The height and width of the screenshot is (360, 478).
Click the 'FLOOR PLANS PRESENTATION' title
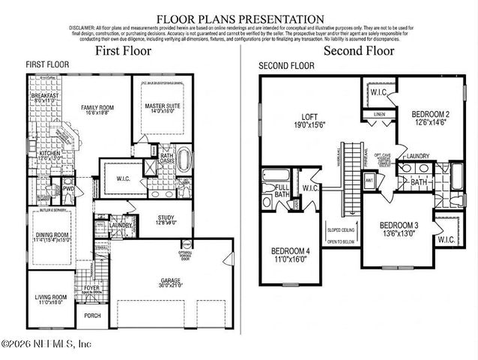[240, 19]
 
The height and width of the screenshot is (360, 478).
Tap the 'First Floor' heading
[123, 51]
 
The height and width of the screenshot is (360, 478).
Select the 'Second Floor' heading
[359, 51]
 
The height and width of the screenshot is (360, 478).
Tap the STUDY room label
[166, 219]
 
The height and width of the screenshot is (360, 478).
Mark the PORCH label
[92, 315]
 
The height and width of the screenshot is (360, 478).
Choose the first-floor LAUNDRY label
[121, 224]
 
